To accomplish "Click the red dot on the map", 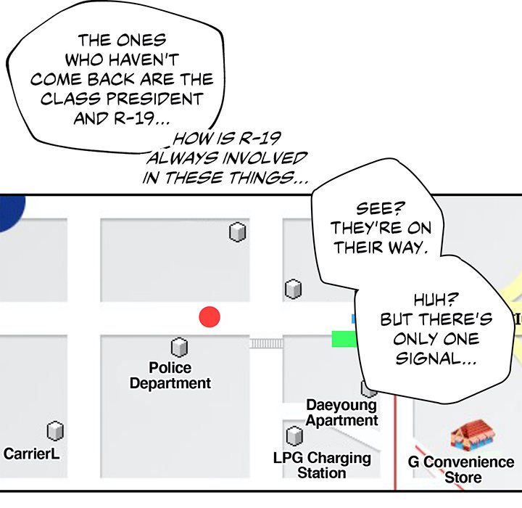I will pyautogui.click(x=210, y=317).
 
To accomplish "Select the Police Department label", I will pyautogui.click(x=170, y=376).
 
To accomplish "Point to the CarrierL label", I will pyautogui.click(x=31, y=454).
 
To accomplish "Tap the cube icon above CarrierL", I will pyautogui.click(x=54, y=432).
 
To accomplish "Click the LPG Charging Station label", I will pyautogui.click(x=322, y=465).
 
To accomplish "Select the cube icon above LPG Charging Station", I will pyautogui.click(x=294, y=436).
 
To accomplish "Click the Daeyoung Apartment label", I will pyautogui.click(x=341, y=412).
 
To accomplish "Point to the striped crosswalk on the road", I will pyautogui.click(x=265, y=343).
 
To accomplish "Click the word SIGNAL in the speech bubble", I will pyautogui.click(x=429, y=359).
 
